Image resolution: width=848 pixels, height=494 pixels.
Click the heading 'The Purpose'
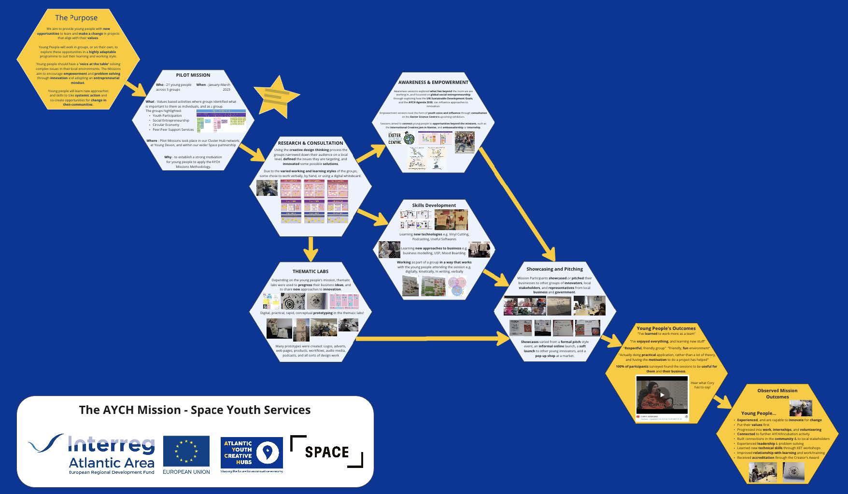tap(76, 18)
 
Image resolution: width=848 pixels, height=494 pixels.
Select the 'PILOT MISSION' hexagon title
tap(193, 75)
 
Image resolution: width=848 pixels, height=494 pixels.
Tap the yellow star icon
tap(276, 95)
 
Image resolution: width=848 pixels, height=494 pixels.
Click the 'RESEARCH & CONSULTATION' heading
tap(311, 143)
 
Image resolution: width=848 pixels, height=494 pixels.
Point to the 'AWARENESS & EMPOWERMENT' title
tap(433, 82)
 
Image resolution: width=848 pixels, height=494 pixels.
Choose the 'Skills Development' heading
tap(434, 206)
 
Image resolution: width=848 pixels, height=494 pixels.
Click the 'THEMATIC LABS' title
tap(311, 272)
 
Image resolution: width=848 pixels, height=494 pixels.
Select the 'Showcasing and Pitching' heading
tap(554, 269)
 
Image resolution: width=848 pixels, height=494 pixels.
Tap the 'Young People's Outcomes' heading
tap(666, 329)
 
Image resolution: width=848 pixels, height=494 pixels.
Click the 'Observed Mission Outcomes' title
tap(777, 394)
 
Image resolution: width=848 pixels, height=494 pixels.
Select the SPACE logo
tap(326, 452)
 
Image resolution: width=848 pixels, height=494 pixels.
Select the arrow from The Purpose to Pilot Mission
tap(135, 89)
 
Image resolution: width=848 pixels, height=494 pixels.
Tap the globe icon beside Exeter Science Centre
tap(409, 139)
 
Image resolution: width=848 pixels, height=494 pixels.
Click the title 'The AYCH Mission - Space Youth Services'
tap(195, 410)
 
